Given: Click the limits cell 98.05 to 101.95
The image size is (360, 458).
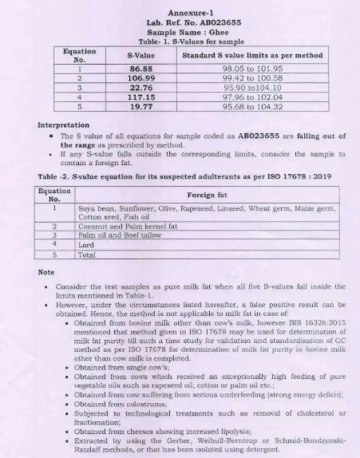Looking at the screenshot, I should (253, 69).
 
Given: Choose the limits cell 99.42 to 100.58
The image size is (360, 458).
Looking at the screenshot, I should (253, 78).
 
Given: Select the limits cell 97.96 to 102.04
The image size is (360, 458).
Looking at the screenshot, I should (253, 96).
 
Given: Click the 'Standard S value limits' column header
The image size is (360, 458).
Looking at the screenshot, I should (253, 56).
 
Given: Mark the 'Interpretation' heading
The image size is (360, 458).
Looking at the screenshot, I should (63, 125).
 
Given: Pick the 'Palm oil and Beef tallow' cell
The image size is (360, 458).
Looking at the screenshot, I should (120, 235).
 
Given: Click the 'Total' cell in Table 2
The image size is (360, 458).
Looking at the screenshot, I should (87, 254).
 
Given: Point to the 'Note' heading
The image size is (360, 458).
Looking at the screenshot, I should (46, 272).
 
